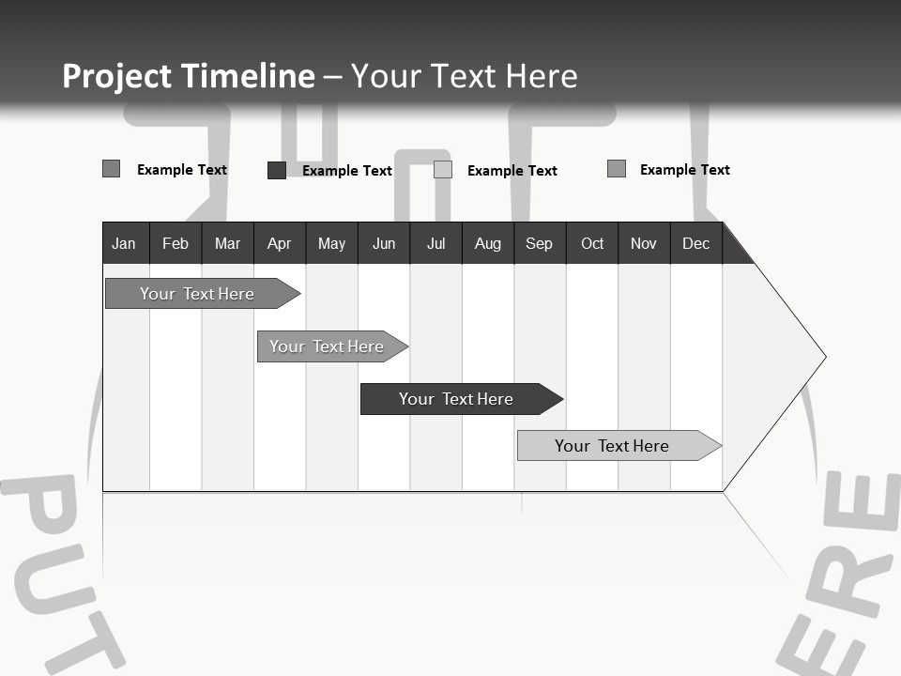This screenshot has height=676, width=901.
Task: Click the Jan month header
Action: [x=124, y=243]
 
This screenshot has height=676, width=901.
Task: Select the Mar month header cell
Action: [x=227, y=243]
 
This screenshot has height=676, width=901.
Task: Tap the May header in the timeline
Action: [x=331, y=243]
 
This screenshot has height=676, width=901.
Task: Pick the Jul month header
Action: [x=435, y=243]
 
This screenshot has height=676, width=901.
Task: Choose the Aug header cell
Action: [x=488, y=243]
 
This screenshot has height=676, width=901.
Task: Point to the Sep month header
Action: [x=540, y=243]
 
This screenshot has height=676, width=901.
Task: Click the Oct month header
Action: [x=592, y=243]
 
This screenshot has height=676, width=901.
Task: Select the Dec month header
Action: [x=696, y=243]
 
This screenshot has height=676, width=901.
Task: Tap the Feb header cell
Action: [x=176, y=243]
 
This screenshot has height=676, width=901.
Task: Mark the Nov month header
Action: [x=644, y=243]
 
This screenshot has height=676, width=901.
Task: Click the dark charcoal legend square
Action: [x=277, y=170]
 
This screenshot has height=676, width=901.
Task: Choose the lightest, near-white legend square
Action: [x=443, y=170]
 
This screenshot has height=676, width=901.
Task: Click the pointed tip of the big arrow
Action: [x=824, y=357]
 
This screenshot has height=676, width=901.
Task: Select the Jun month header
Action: [x=384, y=243]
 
